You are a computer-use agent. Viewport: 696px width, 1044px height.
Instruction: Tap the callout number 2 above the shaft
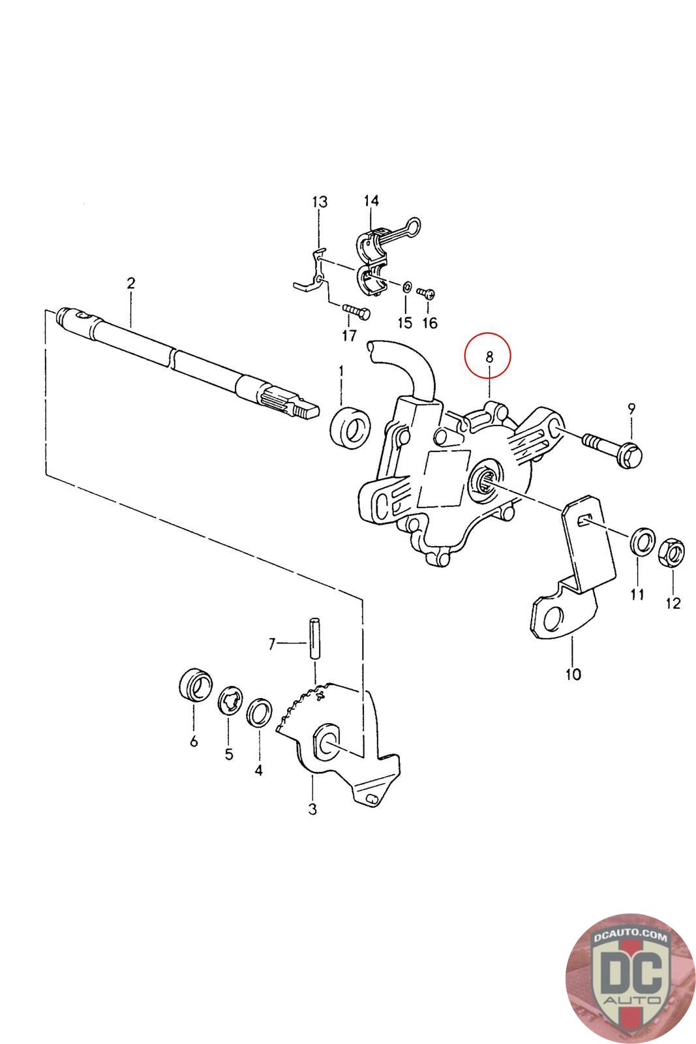[x=130, y=283]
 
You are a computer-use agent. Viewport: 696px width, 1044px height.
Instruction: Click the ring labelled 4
[x=259, y=712]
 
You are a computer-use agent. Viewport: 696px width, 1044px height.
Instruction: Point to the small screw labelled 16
[x=429, y=294]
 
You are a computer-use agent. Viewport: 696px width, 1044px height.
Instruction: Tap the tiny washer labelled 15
[x=406, y=287]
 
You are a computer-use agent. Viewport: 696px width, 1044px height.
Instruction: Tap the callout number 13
[x=319, y=202]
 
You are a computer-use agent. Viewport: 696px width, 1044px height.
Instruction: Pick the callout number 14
[x=371, y=200]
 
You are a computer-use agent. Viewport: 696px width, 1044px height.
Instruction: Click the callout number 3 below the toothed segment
[x=312, y=810]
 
